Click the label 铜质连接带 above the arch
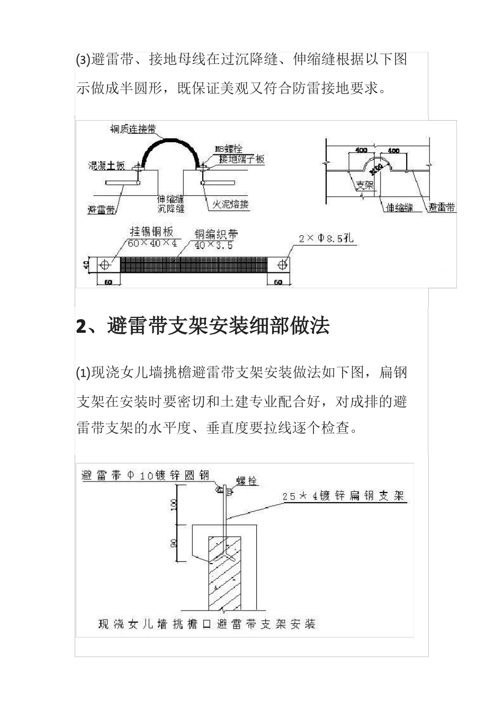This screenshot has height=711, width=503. pyautogui.click(x=133, y=130)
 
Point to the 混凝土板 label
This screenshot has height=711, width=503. pyautogui.click(x=106, y=166)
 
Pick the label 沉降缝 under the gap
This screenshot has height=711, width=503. pyautogui.click(x=170, y=208)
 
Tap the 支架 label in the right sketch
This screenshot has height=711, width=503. pyautogui.click(x=364, y=185)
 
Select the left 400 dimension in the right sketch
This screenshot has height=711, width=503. pyautogui.click(x=361, y=150)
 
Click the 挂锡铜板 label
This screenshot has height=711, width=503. pyautogui.click(x=152, y=232)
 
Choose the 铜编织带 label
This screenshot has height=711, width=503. pyautogui.click(x=215, y=234)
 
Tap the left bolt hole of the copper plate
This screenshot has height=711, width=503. pyautogui.click(x=104, y=264)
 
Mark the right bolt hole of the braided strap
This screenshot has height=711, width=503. pyautogui.click(x=284, y=264)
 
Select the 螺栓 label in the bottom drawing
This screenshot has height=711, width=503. pyautogui.click(x=246, y=481)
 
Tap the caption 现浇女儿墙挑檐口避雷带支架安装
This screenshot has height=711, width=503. pyautogui.click(x=206, y=624)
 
